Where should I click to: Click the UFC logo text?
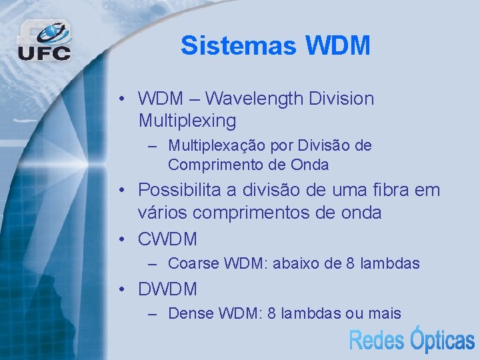(x=44, y=53)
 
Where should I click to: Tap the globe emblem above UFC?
(x=52, y=32)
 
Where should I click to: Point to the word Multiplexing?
(x=187, y=121)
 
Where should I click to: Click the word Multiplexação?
(x=213, y=145)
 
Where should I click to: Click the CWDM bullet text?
(x=167, y=239)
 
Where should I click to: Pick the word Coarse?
(x=193, y=264)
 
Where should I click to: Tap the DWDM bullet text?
(x=167, y=289)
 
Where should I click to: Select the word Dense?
(x=191, y=313)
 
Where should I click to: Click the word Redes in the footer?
(x=377, y=341)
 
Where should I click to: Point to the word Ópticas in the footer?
(x=441, y=339)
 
